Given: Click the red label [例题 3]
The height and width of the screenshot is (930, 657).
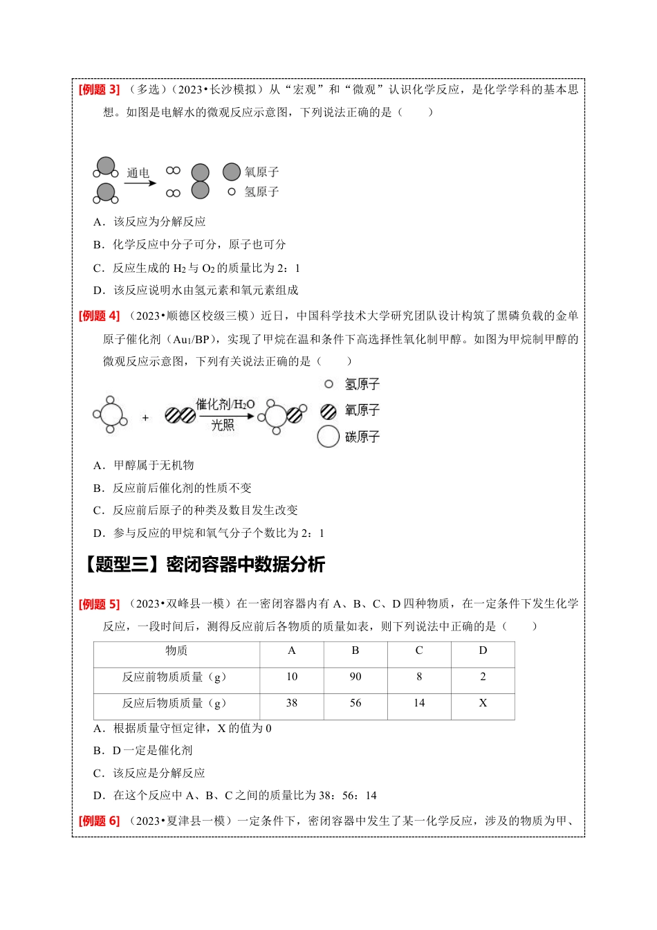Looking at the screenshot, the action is pyautogui.click(x=99, y=89).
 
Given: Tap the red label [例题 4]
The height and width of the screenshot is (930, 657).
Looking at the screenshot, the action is pyautogui.click(x=99, y=316).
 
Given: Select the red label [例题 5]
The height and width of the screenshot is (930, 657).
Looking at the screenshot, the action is pyautogui.click(x=99, y=604).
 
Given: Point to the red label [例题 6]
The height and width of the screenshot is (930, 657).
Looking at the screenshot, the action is pyautogui.click(x=99, y=821).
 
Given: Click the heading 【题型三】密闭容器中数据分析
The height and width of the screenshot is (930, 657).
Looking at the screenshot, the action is pyautogui.click(x=202, y=565).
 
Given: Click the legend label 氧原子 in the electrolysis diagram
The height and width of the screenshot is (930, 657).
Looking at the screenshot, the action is pyautogui.click(x=261, y=172).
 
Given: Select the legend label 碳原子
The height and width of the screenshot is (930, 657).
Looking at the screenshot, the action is pyautogui.click(x=362, y=437).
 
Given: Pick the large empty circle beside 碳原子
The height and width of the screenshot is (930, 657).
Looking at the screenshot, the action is pyautogui.click(x=328, y=437).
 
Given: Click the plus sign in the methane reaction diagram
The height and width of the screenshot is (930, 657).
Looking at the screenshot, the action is pyautogui.click(x=145, y=417).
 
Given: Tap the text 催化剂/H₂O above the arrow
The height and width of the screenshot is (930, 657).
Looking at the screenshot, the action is pyautogui.click(x=225, y=404).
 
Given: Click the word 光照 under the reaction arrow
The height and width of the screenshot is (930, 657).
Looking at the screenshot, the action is pyautogui.click(x=223, y=425).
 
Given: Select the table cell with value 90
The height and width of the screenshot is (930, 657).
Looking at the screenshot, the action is pyautogui.click(x=355, y=677).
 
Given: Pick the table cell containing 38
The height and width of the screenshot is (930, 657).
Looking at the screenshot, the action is pyautogui.click(x=292, y=703).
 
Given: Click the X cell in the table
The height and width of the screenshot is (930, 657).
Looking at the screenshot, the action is pyautogui.click(x=483, y=703).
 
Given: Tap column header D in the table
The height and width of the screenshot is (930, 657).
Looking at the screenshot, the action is pyautogui.click(x=483, y=650).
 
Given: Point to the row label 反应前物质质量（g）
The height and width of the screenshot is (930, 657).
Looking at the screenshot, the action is pyautogui.click(x=174, y=677).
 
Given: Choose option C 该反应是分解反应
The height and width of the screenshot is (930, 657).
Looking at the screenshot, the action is pyautogui.click(x=149, y=773).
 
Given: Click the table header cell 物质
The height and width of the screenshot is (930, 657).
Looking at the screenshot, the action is pyautogui.click(x=176, y=650).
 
